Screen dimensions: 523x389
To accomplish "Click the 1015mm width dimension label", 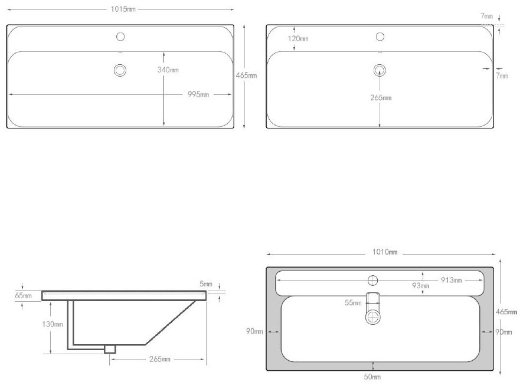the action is (123, 9).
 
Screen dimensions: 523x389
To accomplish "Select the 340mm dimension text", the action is (168, 70).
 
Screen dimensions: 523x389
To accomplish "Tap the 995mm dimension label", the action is (198, 94).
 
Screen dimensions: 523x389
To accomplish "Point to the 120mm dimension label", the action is (298, 39).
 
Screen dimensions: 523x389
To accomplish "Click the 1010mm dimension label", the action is (385, 252).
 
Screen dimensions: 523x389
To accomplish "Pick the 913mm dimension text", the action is (452, 281).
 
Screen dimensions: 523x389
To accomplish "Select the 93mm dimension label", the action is (420, 286).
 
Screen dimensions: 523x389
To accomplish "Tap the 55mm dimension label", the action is (353, 303).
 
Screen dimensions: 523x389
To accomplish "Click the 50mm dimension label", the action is (372, 377).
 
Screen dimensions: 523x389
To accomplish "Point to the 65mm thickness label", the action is (24, 295).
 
